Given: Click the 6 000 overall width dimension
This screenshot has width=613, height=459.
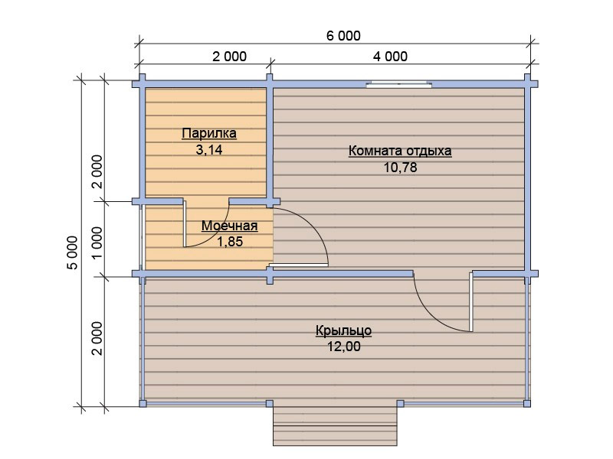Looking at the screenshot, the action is (343, 36).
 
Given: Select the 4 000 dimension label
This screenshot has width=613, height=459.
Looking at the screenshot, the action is (390, 57).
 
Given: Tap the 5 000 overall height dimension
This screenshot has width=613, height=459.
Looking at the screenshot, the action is (73, 252).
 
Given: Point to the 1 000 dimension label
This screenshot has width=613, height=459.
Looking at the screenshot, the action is (97, 242).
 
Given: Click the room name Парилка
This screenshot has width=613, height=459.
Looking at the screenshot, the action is (209, 133).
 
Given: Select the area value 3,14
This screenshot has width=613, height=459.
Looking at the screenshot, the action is (209, 149).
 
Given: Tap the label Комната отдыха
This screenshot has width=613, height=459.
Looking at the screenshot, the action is (400, 151).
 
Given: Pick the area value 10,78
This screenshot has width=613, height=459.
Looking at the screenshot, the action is (400, 168).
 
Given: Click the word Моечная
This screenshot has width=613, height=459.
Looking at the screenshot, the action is (229, 226).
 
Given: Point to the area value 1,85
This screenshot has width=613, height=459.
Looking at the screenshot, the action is (230, 242).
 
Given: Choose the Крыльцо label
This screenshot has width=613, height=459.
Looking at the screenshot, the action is (343, 330).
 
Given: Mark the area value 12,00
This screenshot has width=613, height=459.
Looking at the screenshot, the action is (343, 347).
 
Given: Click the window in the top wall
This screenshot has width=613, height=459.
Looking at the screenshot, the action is (398, 84).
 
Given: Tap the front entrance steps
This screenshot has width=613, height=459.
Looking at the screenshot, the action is (335, 426).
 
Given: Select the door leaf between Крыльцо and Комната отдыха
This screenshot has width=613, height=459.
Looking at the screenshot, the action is (471, 302).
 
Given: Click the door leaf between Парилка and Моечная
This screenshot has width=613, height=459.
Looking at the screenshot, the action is (185, 223).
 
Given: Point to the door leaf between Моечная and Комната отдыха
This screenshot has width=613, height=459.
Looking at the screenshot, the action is (299, 265).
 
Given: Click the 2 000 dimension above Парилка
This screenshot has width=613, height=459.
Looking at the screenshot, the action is (229, 57).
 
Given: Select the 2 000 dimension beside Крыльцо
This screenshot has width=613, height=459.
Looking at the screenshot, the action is (97, 338).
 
